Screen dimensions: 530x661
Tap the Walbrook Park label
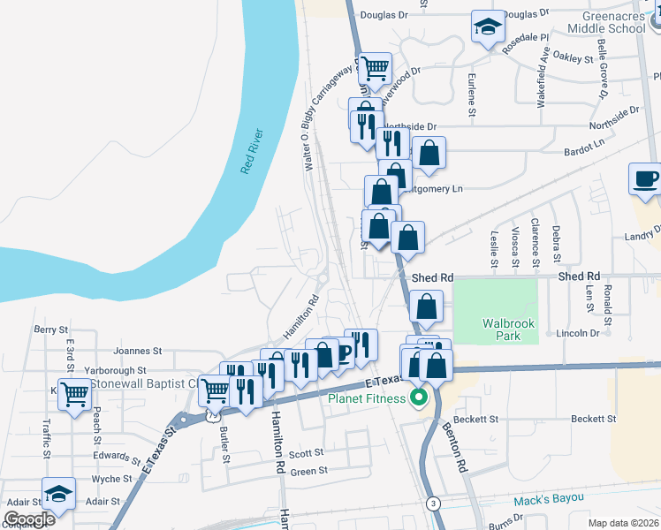508,329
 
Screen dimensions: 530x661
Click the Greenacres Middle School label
614,22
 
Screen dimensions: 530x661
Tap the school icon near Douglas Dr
487,28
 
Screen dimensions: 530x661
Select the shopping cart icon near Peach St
75,393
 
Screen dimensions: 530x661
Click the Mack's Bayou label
549,499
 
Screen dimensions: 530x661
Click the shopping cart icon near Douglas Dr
376,67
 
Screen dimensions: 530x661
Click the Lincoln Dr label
579,334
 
